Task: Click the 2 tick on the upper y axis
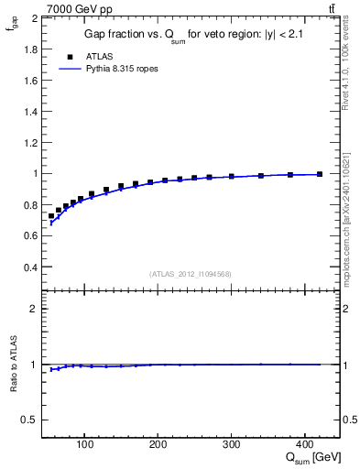pos(34,18)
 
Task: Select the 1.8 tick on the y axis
pos(29,49)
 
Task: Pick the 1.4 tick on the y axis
pos(29,112)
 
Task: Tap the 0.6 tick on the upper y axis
pos(29,236)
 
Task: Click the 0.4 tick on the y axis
pos(29,267)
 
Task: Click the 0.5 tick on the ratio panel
pos(29,420)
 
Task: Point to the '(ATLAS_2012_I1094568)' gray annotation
pos(191,274)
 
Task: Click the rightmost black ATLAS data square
pos(319,174)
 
